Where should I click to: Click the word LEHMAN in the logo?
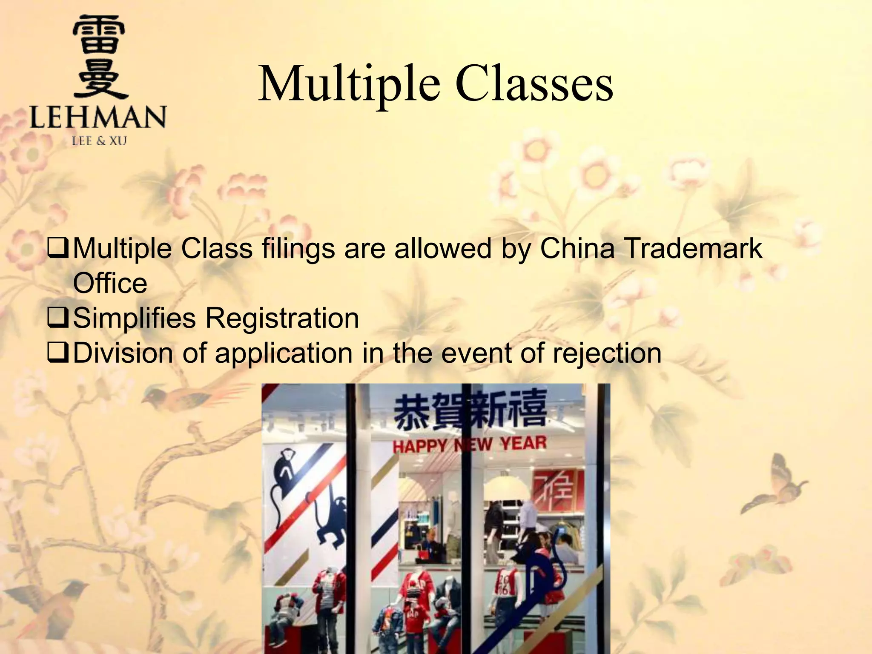click(x=98, y=117)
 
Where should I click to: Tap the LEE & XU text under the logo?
click(x=99, y=141)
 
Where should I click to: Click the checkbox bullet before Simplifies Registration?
click(x=57, y=318)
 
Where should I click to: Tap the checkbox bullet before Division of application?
click(x=57, y=353)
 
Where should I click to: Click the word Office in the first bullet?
click(x=110, y=283)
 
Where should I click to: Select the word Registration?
click(x=283, y=318)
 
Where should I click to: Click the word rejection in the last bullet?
click(x=607, y=353)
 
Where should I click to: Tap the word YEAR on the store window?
click(x=523, y=443)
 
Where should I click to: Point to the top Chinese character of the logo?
click(x=99, y=36)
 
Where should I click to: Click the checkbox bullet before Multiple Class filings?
click(x=57, y=248)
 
